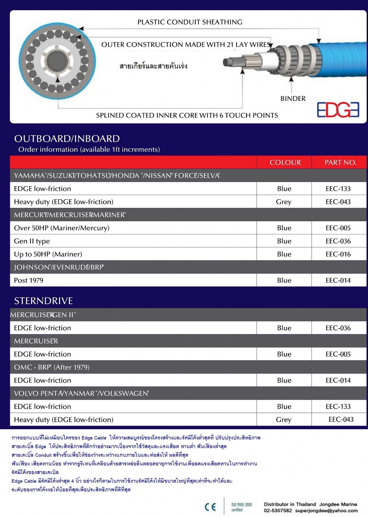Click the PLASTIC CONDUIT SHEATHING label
point(190,22)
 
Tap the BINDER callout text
point(293,99)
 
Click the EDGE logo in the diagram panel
point(338,110)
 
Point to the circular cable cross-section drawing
point(57,62)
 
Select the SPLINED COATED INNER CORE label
point(187,115)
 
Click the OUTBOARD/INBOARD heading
point(67,139)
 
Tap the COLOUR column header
point(285,163)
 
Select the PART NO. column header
point(340,163)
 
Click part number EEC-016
point(338,254)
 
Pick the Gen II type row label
point(32,241)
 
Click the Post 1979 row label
point(29,280)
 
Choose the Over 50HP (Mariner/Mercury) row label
point(62,228)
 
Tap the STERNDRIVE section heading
point(43,301)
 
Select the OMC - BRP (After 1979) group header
point(51,367)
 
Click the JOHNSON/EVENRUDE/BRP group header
point(59,267)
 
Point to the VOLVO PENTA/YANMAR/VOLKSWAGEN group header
point(81,393)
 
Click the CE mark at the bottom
point(210,507)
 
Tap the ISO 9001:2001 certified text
point(242,507)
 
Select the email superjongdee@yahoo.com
point(326,510)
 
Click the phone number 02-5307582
point(278,510)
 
